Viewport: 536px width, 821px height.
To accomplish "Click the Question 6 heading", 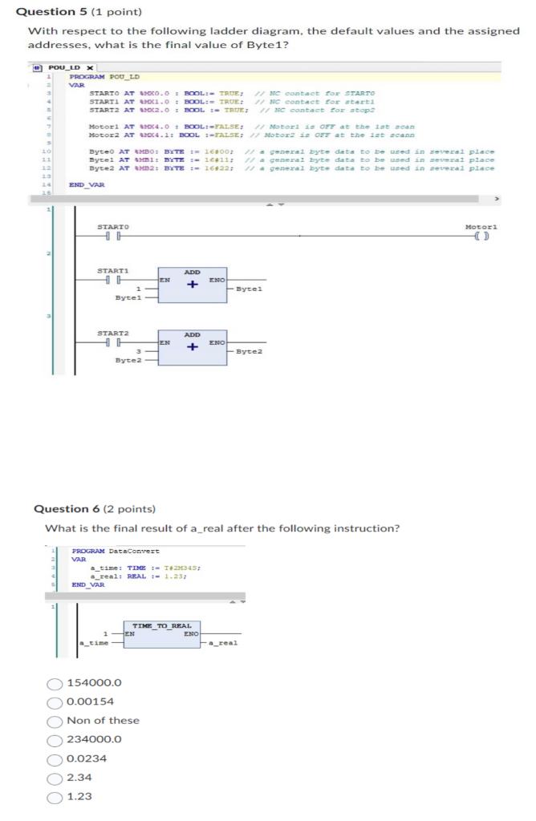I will coord(95,508).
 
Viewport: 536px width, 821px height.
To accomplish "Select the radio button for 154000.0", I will coord(55,683).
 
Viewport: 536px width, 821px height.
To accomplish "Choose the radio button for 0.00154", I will coord(55,702).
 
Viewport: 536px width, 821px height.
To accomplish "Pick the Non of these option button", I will coord(55,721).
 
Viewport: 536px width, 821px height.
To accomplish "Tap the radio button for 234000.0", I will coord(55,739).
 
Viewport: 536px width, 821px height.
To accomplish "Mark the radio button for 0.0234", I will coord(55,758).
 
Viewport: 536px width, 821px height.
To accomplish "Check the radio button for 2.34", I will coord(55,777).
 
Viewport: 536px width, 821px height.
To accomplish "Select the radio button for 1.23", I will coord(55,796).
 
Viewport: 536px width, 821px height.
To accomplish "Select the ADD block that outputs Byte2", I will coord(193,346).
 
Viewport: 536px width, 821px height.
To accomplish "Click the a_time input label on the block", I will coord(93,643).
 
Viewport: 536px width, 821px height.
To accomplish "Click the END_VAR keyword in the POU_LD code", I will coord(87,184).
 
